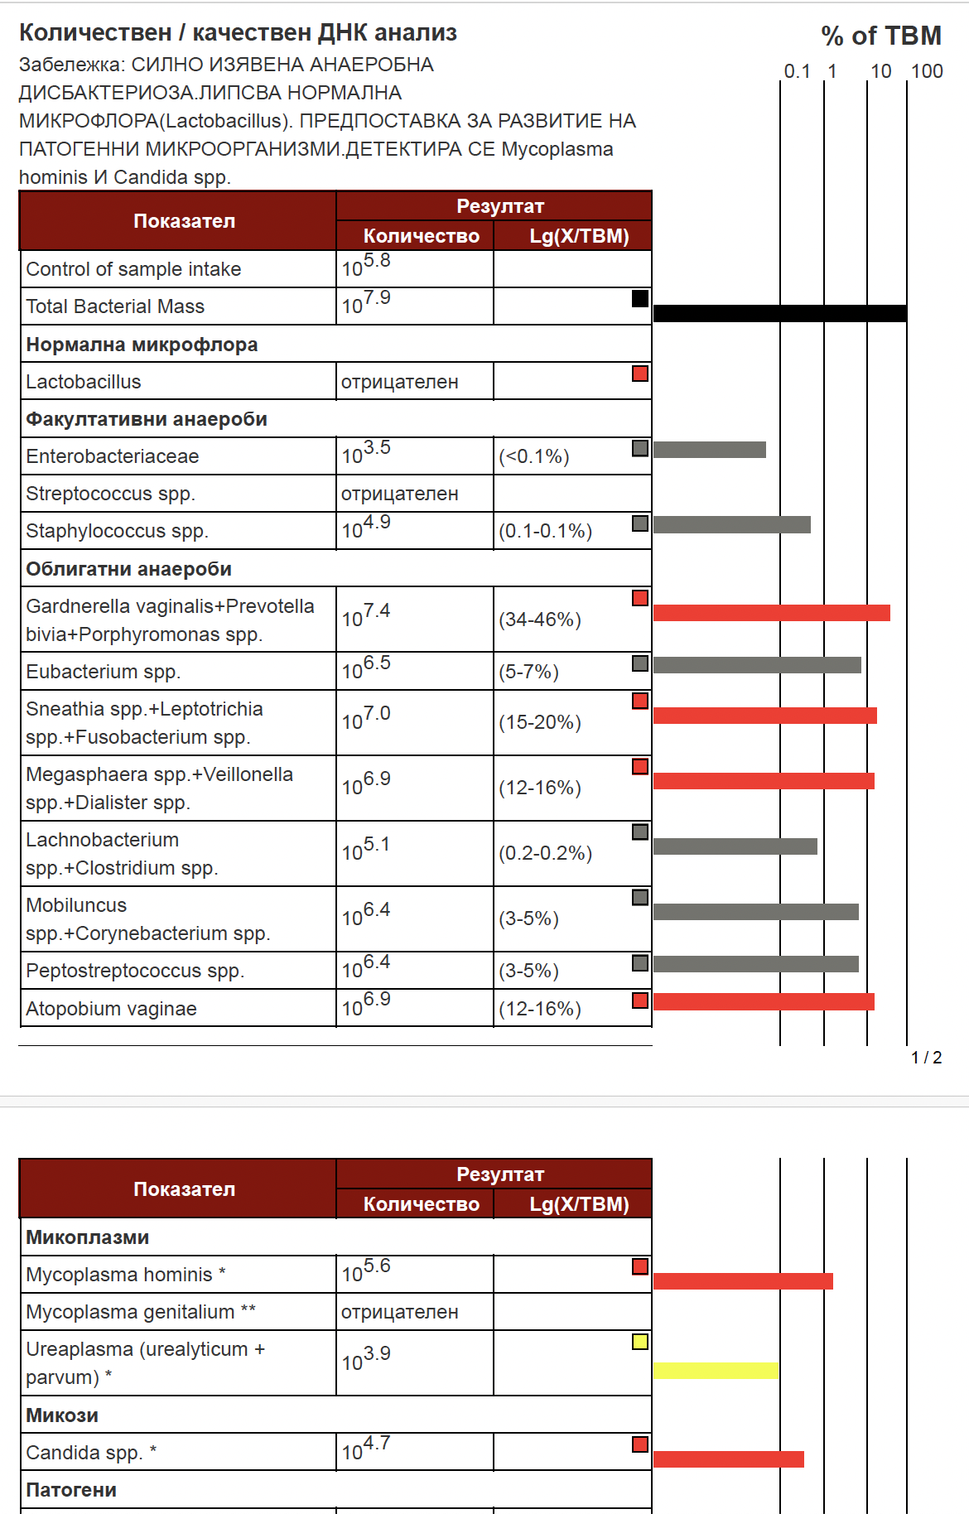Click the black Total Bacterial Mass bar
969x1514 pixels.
(779, 313)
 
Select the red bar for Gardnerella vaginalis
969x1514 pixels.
(771, 613)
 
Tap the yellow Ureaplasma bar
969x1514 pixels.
(716, 1371)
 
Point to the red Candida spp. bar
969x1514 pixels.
(728, 1459)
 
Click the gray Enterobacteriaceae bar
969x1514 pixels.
(709, 450)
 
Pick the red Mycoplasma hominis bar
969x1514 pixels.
(743, 1281)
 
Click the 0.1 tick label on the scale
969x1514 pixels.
(797, 71)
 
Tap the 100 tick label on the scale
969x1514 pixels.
(927, 71)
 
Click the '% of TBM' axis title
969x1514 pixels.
(881, 36)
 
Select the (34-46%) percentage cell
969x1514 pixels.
(540, 620)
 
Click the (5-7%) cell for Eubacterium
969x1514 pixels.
(528, 672)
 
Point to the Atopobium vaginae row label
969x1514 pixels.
(111, 1009)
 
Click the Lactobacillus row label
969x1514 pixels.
(84, 382)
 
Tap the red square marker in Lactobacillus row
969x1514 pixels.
(640, 374)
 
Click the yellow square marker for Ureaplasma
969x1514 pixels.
(640, 1342)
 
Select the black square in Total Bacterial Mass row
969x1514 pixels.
(640, 298)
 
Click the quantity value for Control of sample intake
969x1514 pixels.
(366, 266)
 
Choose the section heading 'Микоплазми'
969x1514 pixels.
(88, 1237)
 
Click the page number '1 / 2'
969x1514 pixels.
(926, 1058)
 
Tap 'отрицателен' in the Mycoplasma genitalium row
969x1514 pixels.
(399, 1312)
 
